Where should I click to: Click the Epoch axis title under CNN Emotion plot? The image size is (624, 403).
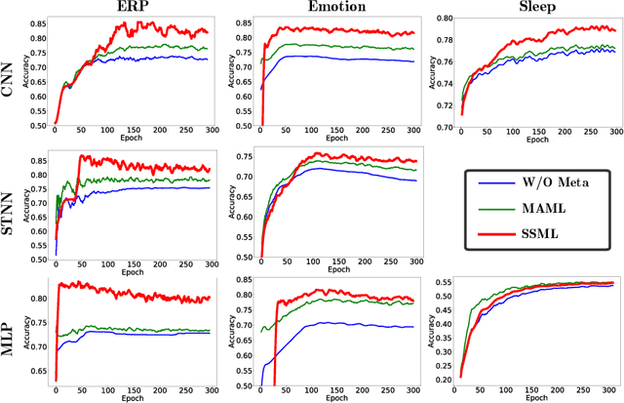pos(330,142)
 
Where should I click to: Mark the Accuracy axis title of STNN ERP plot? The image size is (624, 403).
pos(24,204)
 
